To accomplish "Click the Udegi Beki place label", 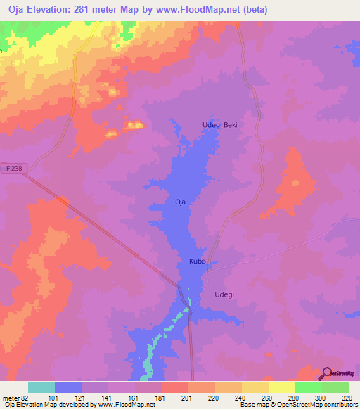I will (x=220, y=125).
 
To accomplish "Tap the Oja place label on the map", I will (x=180, y=202).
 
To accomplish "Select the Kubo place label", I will (x=197, y=261).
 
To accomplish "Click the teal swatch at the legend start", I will (x=41, y=387).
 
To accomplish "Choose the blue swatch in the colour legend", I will (x=68, y=387).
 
